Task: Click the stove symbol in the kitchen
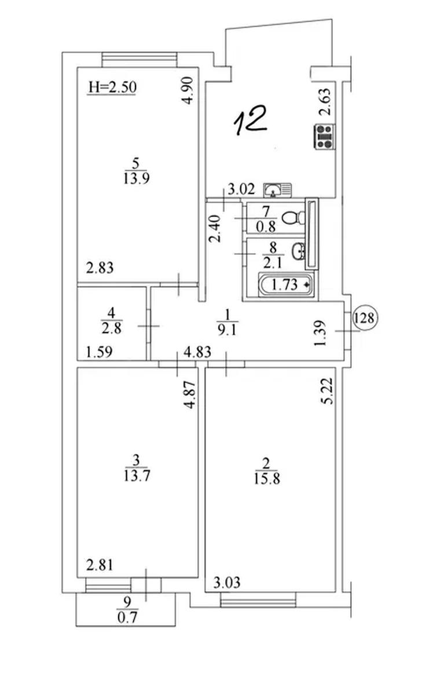point(325,137)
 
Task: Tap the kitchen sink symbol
point(277,190)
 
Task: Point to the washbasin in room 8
point(298,250)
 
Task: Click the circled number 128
point(364,318)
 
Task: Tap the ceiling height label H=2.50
point(112,87)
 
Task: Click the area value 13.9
point(137,178)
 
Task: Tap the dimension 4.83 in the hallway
point(197,352)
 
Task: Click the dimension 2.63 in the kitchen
point(325,102)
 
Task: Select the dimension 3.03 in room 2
point(227,583)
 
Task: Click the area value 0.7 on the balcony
point(127,617)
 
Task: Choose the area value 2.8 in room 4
point(111,328)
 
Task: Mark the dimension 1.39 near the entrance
point(320,333)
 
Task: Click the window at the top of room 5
point(140,59)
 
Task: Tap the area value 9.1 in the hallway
point(227,330)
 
